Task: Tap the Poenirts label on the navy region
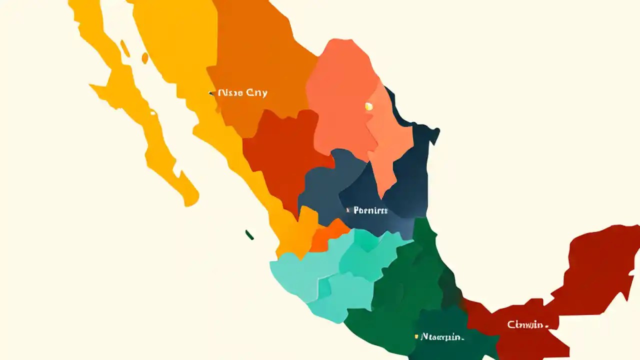(x=370, y=210)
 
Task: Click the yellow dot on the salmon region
(x=368, y=106)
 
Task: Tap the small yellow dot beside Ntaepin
(x=416, y=337)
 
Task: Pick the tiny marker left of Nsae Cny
(x=210, y=92)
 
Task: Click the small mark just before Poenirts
(x=348, y=210)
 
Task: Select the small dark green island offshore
(x=249, y=234)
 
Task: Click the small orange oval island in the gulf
(x=145, y=58)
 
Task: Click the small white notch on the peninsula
(x=152, y=113)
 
